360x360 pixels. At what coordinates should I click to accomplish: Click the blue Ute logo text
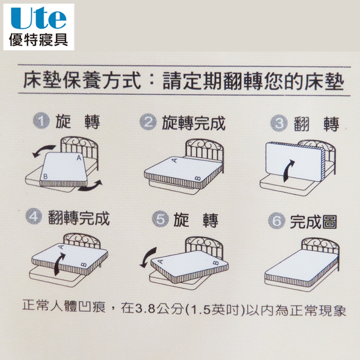pyautogui.click(x=39, y=18)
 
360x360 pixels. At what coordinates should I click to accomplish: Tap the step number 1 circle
pyautogui.click(x=41, y=121)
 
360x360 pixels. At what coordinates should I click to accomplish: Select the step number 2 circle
pyautogui.click(x=148, y=122)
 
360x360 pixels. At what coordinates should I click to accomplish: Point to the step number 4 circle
pyautogui.click(x=34, y=216)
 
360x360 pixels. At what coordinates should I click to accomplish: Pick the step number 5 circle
pyautogui.click(x=160, y=219)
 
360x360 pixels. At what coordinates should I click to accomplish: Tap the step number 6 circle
pyautogui.click(x=277, y=220)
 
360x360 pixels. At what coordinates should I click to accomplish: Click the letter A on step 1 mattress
pyautogui.click(x=79, y=158)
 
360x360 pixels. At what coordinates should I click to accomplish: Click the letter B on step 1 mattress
pyautogui.click(x=45, y=176)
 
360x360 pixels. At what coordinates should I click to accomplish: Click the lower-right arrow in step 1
pyautogui.click(x=90, y=186)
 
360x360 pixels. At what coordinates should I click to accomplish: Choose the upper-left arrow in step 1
pyautogui.click(x=44, y=150)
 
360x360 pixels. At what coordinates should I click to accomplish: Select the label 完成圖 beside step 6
pyautogui.click(x=313, y=222)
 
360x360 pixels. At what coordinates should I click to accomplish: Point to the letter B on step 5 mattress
pyautogui.click(x=216, y=263)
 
